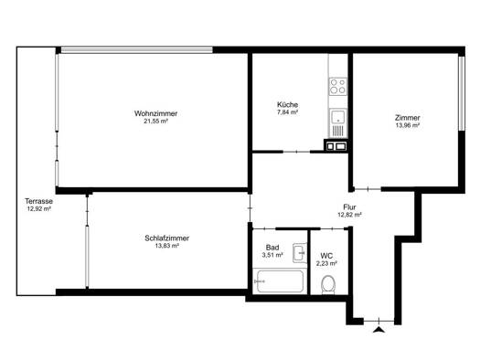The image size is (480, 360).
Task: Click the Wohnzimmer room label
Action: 155,113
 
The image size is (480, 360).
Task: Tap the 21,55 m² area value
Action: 155,122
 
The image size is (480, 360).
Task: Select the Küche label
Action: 287,104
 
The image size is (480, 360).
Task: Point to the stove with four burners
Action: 338,86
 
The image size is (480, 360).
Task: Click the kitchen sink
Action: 338,123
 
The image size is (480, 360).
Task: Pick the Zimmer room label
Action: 408,118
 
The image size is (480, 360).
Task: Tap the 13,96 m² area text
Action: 408,125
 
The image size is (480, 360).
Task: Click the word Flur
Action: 349,207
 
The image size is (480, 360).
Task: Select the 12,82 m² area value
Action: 349,215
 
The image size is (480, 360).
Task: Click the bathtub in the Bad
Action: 280,281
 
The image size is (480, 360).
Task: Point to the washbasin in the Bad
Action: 299,253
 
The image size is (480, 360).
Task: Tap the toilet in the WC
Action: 328,285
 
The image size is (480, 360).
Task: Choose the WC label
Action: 326,256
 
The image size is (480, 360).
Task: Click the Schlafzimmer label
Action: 166,238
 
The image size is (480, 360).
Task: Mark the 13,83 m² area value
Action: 166,246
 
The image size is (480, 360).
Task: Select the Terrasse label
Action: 39,201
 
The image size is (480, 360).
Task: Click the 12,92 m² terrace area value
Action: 39,209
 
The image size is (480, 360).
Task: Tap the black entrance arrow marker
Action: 379,330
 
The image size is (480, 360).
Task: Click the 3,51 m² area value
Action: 272,255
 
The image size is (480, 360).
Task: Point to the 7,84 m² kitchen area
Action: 287,112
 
